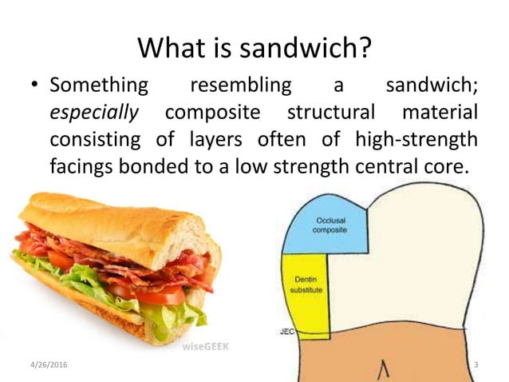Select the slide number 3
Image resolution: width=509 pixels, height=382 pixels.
(475, 365)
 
